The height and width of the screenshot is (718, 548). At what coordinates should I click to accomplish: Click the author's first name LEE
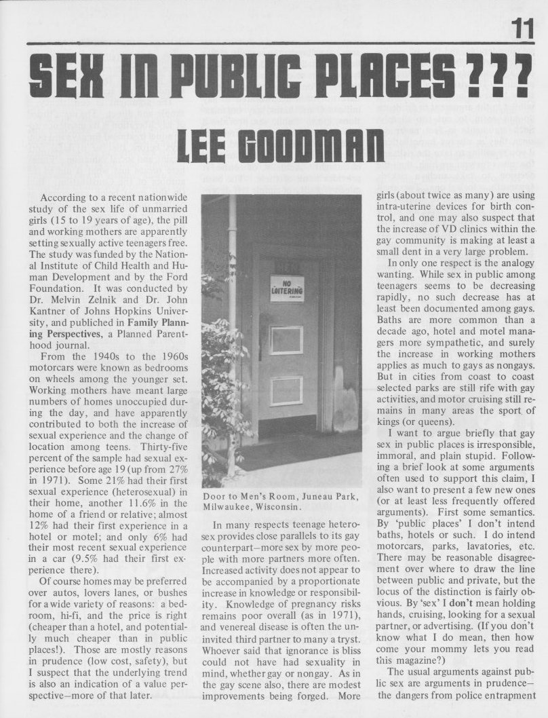tap(203, 147)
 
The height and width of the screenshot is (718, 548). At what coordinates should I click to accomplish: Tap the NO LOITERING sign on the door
tap(287, 288)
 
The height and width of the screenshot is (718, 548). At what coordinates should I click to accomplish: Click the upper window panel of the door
tap(286, 340)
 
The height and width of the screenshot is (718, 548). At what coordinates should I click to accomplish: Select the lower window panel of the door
tap(286, 391)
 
